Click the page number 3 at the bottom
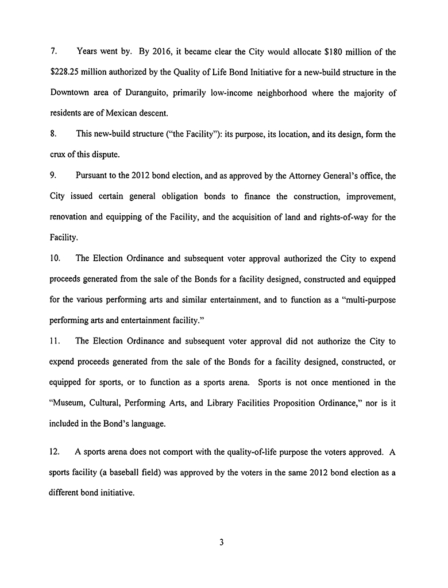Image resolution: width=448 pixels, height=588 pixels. pos(221,542)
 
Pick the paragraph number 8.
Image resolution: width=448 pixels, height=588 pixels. pos(53,134)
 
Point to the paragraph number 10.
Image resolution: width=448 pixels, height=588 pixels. pos(56,258)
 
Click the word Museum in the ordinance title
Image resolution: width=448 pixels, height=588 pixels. pos(69,403)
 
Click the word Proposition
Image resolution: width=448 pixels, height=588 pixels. pos(301,403)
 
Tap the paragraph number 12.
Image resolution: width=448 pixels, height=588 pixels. pos(56,452)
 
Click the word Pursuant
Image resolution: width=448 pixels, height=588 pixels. pos(93,176)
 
